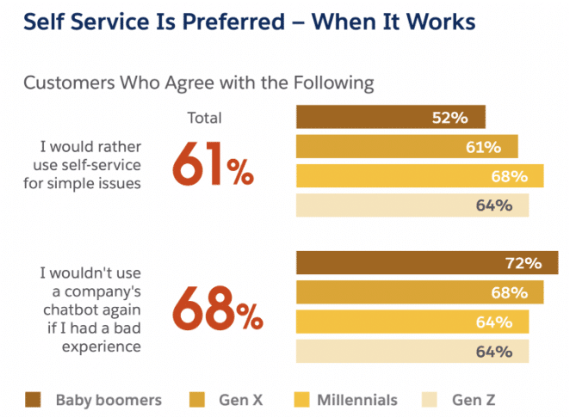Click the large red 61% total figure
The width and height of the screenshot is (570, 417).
point(214,163)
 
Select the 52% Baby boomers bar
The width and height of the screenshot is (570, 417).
point(391,117)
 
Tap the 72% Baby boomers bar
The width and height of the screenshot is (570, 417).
point(426,263)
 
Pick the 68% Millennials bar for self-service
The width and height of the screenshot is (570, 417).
point(419,176)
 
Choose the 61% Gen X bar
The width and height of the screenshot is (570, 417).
point(406,147)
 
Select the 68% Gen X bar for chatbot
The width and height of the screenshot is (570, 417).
point(419,292)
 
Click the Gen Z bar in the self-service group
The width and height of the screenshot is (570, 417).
point(412,205)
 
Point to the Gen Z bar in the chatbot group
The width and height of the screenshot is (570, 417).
point(412,352)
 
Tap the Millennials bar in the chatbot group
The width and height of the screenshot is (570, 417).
point(412,322)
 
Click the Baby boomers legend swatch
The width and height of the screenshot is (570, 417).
point(34,399)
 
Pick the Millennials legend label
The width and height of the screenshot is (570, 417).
point(356,399)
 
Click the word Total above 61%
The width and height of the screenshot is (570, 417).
point(204,118)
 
